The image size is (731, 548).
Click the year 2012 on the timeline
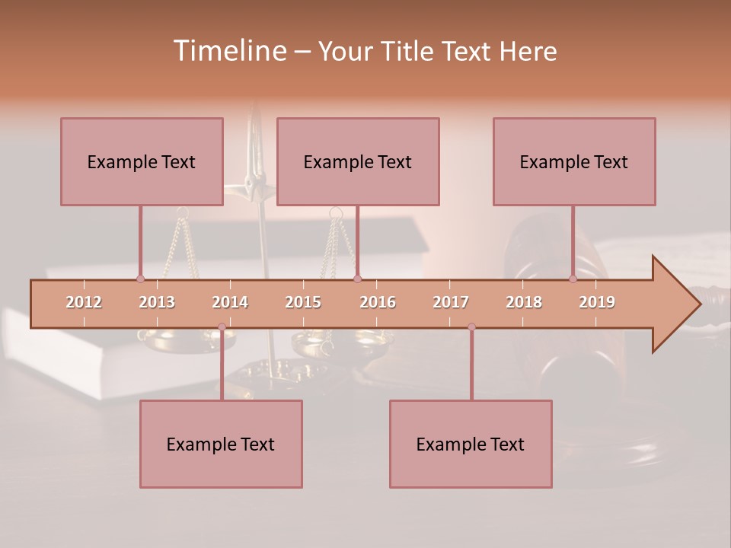click(x=84, y=302)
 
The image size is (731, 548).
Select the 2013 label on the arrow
click(x=157, y=302)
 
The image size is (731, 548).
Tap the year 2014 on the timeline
click(x=230, y=302)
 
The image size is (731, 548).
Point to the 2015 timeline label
click(x=303, y=302)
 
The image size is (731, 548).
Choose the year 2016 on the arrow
click(x=378, y=302)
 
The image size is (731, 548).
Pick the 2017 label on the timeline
click(x=451, y=302)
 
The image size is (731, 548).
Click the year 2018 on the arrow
click(x=524, y=302)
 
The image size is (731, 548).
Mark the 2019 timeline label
click(x=597, y=302)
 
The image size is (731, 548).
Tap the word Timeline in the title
click(x=228, y=51)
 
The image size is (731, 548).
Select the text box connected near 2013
click(x=142, y=161)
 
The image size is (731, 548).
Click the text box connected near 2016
click(x=358, y=161)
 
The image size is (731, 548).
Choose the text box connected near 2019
click(x=574, y=161)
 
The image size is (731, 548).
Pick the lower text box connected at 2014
click(x=221, y=444)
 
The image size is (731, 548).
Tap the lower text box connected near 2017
click(x=471, y=444)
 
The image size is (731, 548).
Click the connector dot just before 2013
click(x=140, y=279)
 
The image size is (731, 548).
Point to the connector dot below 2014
click(x=222, y=327)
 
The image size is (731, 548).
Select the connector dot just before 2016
click(x=357, y=279)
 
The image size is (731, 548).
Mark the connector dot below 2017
click(x=471, y=327)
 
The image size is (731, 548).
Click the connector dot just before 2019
click(x=573, y=279)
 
